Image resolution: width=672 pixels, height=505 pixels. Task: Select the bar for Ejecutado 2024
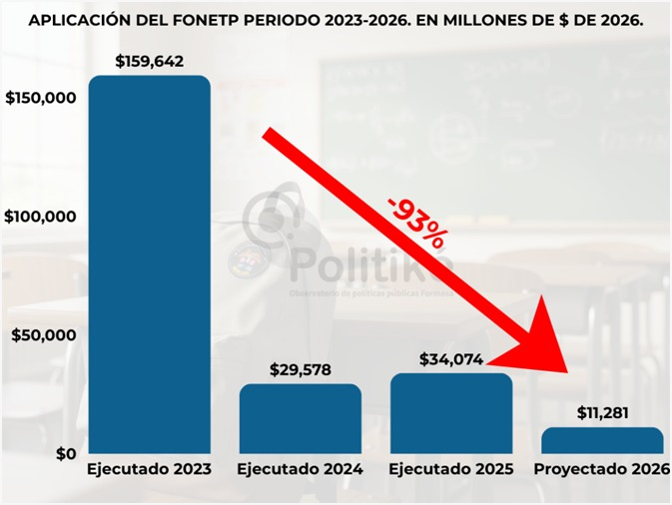pyautogui.click(x=301, y=419)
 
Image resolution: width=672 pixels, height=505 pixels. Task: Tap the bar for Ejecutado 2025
pyautogui.click(x=451, y=413)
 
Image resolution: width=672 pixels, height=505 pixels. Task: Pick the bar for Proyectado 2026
pyautogui.click(x=602, y=440)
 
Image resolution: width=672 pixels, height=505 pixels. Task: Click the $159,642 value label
pyautogui.click(x=150, y=61)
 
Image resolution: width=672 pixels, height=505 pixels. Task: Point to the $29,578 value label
pyautogui.click(x=301, y=369)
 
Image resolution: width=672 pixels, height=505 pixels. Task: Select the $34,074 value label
pyautogui.click(x=451, y=358)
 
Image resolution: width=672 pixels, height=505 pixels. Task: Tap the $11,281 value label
pyautogui.click(x=602, y=412)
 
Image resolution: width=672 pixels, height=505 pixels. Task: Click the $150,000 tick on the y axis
pyautogui.click(x=41, y=98)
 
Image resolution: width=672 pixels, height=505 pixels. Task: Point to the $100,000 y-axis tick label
pyautogui.click(x=41, y=217)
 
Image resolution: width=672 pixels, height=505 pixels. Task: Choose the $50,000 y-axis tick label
pyautogui.click(x=44, y=335)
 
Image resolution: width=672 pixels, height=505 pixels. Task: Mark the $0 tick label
pyautogui.click(x=63, y=454)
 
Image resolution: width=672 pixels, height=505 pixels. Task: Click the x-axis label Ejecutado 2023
pyautogui.click(x=150, y=469)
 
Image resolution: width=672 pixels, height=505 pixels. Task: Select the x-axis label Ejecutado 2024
pyautogui.click(x=301, y=469)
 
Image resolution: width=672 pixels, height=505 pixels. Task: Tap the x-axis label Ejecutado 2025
pyautogui.click(x=451, y=469)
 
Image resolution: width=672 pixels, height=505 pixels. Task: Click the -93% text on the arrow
pyautogui.click(x=417, y=222)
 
